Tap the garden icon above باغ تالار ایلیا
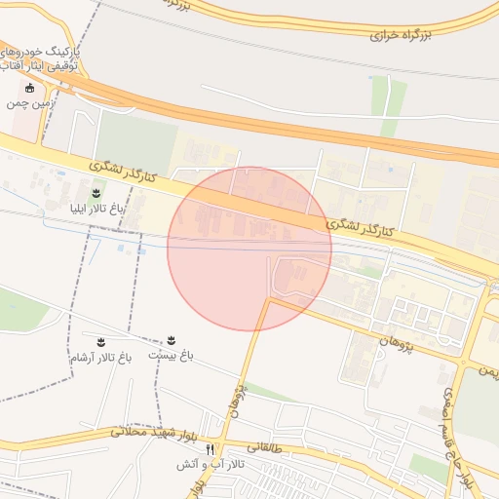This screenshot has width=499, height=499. click(x=96, y=193)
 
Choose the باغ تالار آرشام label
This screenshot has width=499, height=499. click(x=99, y=358)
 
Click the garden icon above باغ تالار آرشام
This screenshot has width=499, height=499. click(x=100, y=341)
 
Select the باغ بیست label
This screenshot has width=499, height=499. click(x=171, y=356)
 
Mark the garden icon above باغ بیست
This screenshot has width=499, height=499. click(x=172, y=340)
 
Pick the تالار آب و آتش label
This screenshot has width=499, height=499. click(x=209, y=465)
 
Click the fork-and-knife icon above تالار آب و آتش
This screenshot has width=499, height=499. click(x=209, y=450)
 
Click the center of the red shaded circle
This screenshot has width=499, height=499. click(x=249, y=249)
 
